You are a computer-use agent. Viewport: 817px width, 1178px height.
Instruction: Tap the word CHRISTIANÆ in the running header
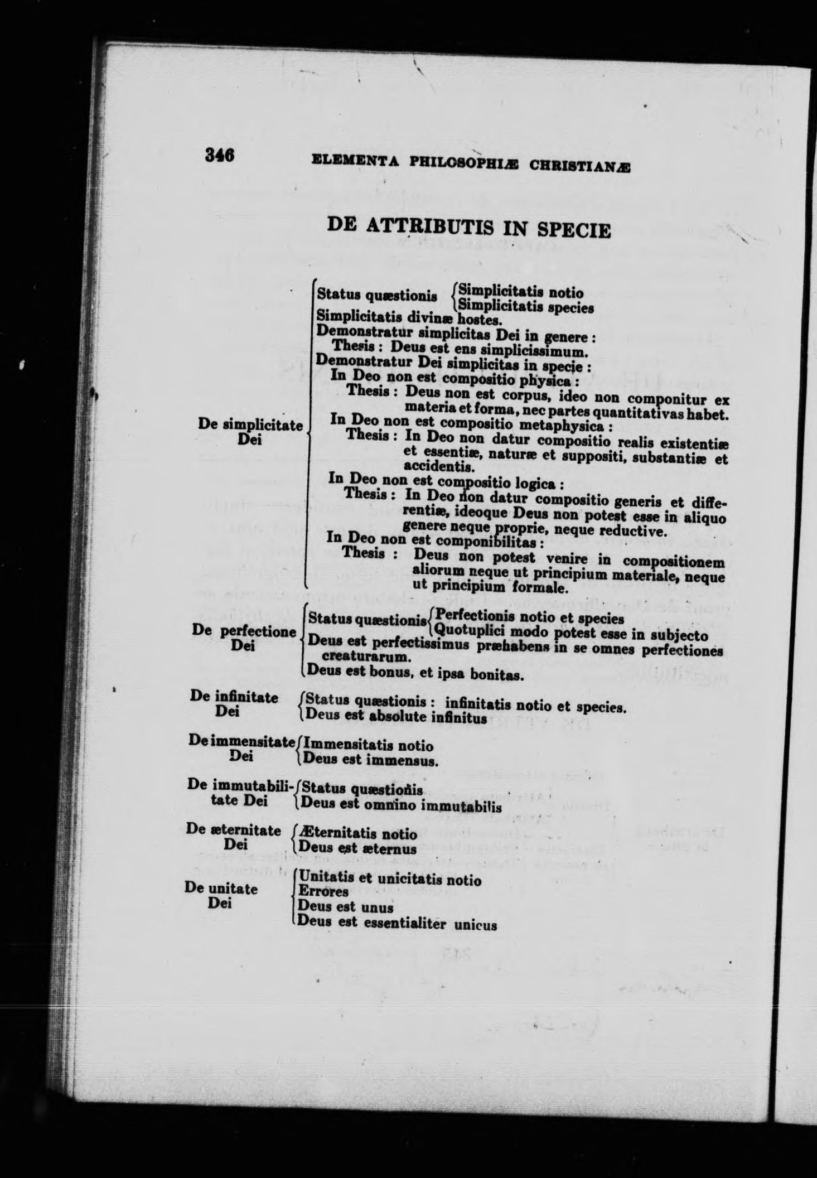pos(579,166)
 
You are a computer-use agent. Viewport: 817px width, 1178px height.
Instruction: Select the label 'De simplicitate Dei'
pos(250,432)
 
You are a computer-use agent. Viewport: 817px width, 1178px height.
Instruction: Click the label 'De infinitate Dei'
pos(234,704)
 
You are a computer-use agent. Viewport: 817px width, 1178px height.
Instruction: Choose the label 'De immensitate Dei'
pos(241,748)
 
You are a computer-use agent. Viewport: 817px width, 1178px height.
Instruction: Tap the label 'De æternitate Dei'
pos(234,838)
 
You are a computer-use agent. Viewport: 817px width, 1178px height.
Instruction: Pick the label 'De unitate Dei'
pos(221,896)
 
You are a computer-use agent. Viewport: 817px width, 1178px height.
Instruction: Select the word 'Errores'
pos(323,891)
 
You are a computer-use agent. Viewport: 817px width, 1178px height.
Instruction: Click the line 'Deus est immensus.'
pos(369,760)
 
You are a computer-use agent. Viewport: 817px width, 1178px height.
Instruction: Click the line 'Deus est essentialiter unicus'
pos(397,923)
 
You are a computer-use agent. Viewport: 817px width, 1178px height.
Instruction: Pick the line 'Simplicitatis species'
pos(525,307)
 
